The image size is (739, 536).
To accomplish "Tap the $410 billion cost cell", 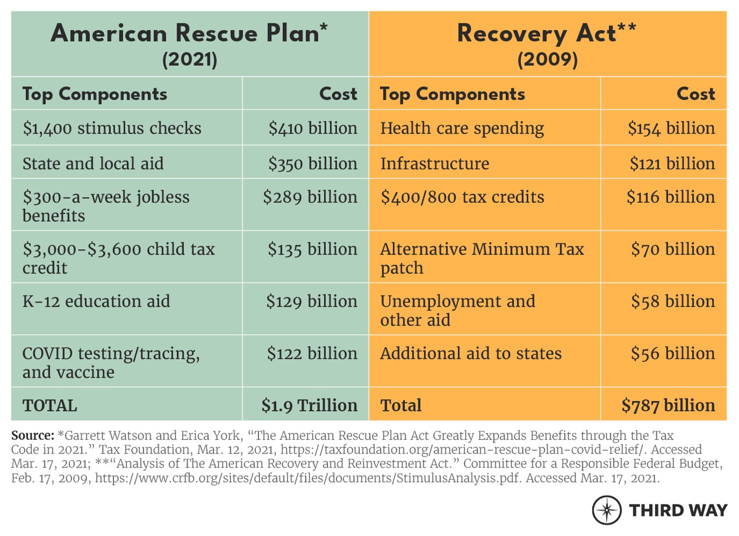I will [x=313, y=128].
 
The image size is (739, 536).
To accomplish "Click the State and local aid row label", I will [x=93, y=164].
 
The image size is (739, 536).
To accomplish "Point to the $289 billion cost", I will [x=310, y=197].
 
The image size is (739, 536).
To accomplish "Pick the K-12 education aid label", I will [x=96, y=302].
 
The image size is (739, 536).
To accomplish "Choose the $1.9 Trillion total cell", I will [x=309, y=406].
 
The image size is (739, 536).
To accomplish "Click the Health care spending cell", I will [x=462, y=128].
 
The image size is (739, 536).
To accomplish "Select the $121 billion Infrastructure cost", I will [x=672, y=164].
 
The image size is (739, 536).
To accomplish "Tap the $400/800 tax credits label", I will [x=462, y=197].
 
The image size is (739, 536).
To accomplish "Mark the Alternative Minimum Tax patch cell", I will [x=482, y=258].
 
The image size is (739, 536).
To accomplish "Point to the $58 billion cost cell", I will [x=673, y=302].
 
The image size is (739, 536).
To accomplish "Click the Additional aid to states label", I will [x=470, y=354].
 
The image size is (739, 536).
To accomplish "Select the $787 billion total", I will [x=668, y=406].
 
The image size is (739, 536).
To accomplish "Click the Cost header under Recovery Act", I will [x=696, y=94].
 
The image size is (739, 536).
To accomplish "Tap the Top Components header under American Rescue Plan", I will [x=95, y=94].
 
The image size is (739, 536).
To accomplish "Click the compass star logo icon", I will [x=607, y=510].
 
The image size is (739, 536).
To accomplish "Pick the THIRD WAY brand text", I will [x=678, y=511].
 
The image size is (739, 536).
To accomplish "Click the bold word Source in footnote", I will [x=32, y=436].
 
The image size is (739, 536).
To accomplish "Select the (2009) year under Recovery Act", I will [x=547, y=60].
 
